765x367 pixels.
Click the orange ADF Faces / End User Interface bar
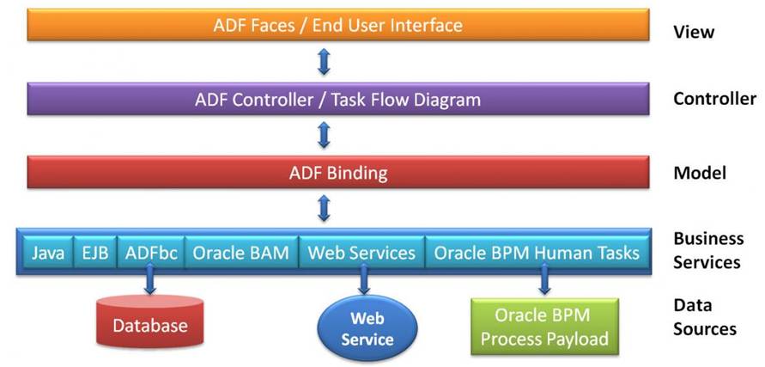(x=338, y=24)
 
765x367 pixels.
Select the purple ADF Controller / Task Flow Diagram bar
(x=338, y=99)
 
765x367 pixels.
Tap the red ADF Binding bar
(x=338, y=173)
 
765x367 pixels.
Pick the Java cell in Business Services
(x=48, y=253)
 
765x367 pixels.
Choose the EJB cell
(x=95, y=253)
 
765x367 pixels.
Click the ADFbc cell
(x=151, y=253)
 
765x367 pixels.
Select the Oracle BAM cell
(x=241, y=253)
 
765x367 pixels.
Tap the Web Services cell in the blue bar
(x=361, y=253)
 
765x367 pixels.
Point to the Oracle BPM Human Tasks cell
(x=536, y=253)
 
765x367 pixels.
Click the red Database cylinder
(x=150, y=321)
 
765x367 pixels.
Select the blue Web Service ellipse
(x=367, y=328)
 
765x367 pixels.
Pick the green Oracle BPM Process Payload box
(x=544, y=327)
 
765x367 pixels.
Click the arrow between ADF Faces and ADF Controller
(x=324, y=62)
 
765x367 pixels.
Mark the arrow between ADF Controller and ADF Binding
(x=324, y=135)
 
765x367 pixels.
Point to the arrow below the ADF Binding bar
(x=324, y=209)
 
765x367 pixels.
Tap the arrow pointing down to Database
(x=150, y=278)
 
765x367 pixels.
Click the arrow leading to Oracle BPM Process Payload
(x=544, y=278)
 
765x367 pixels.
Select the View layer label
(x=694, y=33)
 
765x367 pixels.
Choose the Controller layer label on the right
(x=714, y=99)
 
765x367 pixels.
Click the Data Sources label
(x=705, y=317)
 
